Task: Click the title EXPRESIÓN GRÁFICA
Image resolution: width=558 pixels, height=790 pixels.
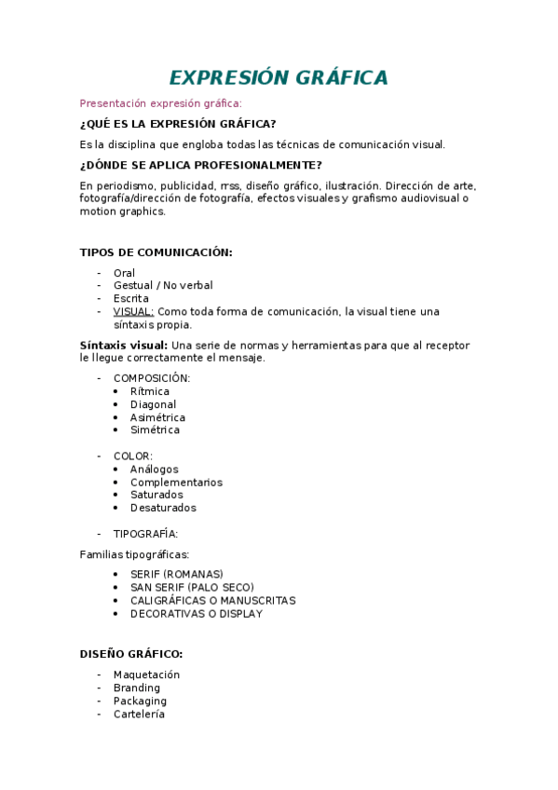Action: pos(279,78)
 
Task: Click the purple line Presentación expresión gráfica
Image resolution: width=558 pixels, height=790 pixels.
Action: pos(160,103)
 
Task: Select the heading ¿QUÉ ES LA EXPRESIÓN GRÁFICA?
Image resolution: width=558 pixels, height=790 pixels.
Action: pos(177,124)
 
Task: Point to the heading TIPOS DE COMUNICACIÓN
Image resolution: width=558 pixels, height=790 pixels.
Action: pos(156,252)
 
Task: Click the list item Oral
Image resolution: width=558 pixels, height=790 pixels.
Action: pos(124,273)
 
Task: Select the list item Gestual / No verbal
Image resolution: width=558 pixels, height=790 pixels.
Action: pos(163,286)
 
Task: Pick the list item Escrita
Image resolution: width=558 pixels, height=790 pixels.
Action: pos(131,299)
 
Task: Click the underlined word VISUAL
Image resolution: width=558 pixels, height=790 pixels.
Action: pos(133,312)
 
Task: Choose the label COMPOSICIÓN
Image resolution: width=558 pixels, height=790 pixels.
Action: pos(152,378)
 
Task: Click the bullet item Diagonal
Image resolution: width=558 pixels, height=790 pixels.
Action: pos(153,405)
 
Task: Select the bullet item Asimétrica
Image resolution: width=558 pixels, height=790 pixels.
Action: pos(157,418)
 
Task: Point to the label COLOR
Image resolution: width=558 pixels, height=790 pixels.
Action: pos(133,456)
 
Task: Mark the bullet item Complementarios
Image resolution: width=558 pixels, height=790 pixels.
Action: pos(176,483)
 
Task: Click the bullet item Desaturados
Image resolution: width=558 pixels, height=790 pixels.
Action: pos(163,509)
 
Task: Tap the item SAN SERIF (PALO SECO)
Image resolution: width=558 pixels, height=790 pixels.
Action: pos(192,588)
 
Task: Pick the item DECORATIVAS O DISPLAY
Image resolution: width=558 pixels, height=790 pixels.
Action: pos(197,614)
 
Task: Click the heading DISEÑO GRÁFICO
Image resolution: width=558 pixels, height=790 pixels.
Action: pos(131,654)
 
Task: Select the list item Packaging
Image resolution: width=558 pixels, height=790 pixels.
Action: pos(140,701)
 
